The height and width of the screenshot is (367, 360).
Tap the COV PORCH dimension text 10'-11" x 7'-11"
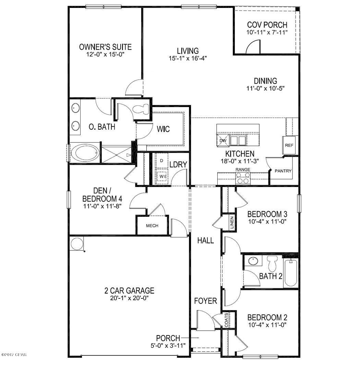click(267, 32)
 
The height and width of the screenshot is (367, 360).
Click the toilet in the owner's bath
click(142, 109)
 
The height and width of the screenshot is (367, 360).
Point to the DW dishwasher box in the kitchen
click(223, 140)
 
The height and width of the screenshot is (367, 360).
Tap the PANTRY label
click(283, 171)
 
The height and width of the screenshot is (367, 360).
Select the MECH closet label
click(152, 226)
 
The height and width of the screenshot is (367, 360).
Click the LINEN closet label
click(232, 223)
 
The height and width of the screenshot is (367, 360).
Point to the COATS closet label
click(226, 320)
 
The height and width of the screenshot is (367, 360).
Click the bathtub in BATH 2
click(290, 273)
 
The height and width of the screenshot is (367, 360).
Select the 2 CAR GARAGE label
click(129, 291)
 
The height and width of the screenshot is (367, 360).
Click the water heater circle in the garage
click(76, 244)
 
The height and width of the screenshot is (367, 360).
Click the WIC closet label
click(163, 130)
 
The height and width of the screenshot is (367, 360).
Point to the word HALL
click(205, 240)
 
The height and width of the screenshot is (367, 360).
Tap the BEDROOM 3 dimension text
click(267, 221)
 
